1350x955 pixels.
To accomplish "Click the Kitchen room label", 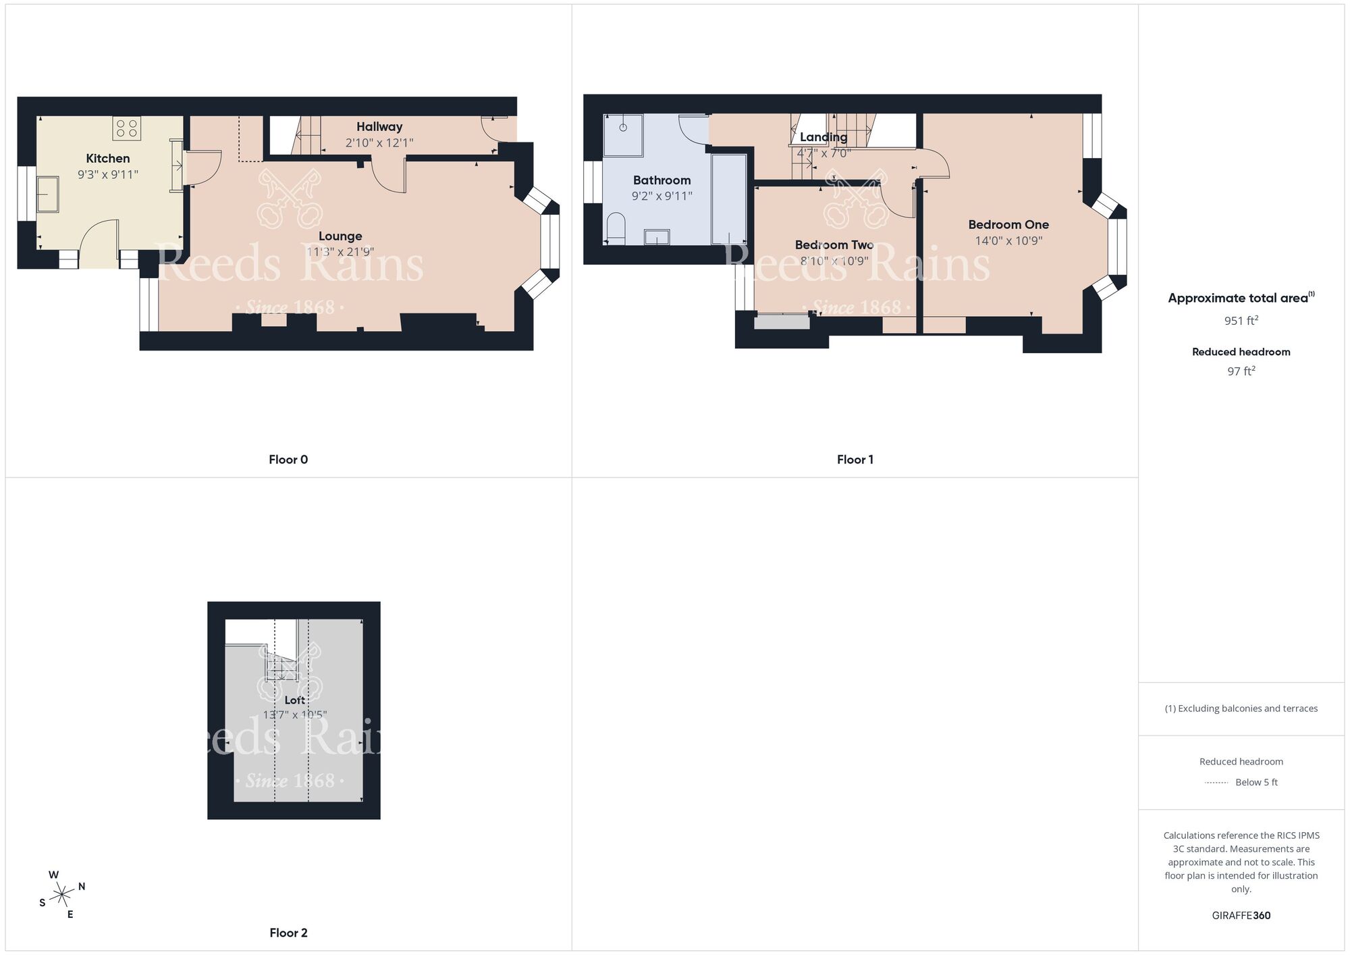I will (x=108, y=159).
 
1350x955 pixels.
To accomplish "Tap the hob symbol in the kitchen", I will (x=127, y=128).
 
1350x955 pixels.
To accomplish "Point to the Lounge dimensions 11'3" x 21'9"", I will (x=340, y=252).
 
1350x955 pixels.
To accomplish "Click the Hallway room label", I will (x=379, y=127).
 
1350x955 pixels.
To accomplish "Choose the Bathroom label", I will (x=661, y=180).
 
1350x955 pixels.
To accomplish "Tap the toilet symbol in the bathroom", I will (x=616, y=228).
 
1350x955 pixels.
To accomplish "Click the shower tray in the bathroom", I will (x=623, y=135).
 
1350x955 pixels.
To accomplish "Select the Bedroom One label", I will (x=1008, y=225).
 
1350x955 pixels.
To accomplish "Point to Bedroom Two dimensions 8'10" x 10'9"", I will (x=834, y=261).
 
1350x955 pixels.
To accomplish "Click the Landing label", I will (x=823, y=137).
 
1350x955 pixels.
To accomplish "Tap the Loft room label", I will (x=295, y=700).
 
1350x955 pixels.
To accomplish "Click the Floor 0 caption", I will (x=288, y=460).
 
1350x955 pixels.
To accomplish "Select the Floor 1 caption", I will (x=855, y=460).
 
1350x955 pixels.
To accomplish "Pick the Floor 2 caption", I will (x=288, y=933).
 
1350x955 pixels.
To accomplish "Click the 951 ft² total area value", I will (x=1241, y=321).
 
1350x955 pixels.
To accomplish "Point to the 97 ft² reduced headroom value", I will (x=1241, y=371).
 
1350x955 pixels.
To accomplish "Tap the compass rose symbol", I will (x=62, y=896).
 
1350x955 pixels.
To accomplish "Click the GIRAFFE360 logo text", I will (x=1241, y=916).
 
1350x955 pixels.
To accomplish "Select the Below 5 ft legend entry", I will (x=1255, y=783).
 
